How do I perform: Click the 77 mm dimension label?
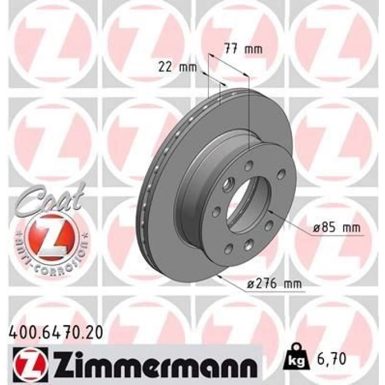[x=244, y=50]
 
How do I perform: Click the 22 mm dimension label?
[x=177, y=67]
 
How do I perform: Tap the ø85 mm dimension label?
[x=337, y=228]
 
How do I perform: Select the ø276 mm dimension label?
[x=274, y=284]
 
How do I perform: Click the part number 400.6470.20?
[x=56, y=333]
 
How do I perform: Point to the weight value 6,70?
[x=331, y=359]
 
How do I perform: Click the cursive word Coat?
[x=51, y=199]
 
